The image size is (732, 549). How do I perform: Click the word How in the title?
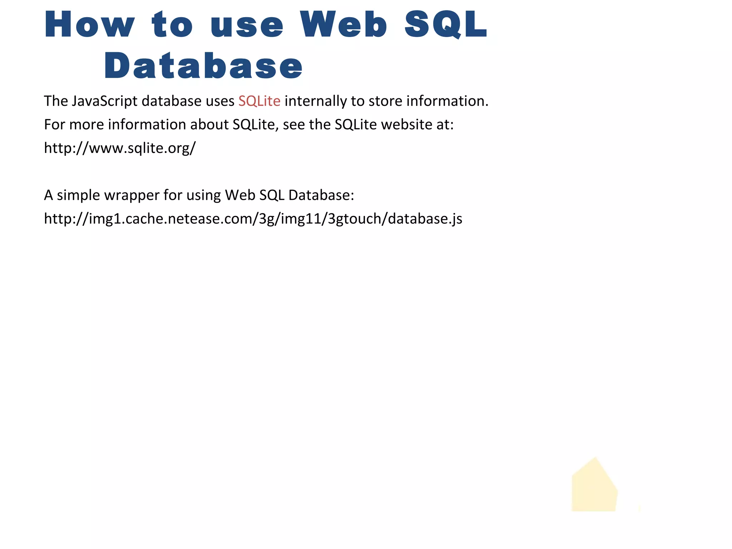pos(89,24)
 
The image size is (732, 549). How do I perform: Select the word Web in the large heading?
pos(343,24)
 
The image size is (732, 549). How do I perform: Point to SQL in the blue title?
pos(446,24)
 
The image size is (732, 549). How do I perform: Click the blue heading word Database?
pos(203,66)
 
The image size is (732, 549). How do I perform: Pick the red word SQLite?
pos(259,101)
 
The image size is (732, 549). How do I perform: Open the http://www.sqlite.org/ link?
pos(120,148)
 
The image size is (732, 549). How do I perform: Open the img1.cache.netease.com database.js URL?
pos(253,219)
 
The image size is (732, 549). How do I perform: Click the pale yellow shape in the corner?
pos(594,488)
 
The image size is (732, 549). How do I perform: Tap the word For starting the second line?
pos(54,125)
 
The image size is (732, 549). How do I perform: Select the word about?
pos(209,125)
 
